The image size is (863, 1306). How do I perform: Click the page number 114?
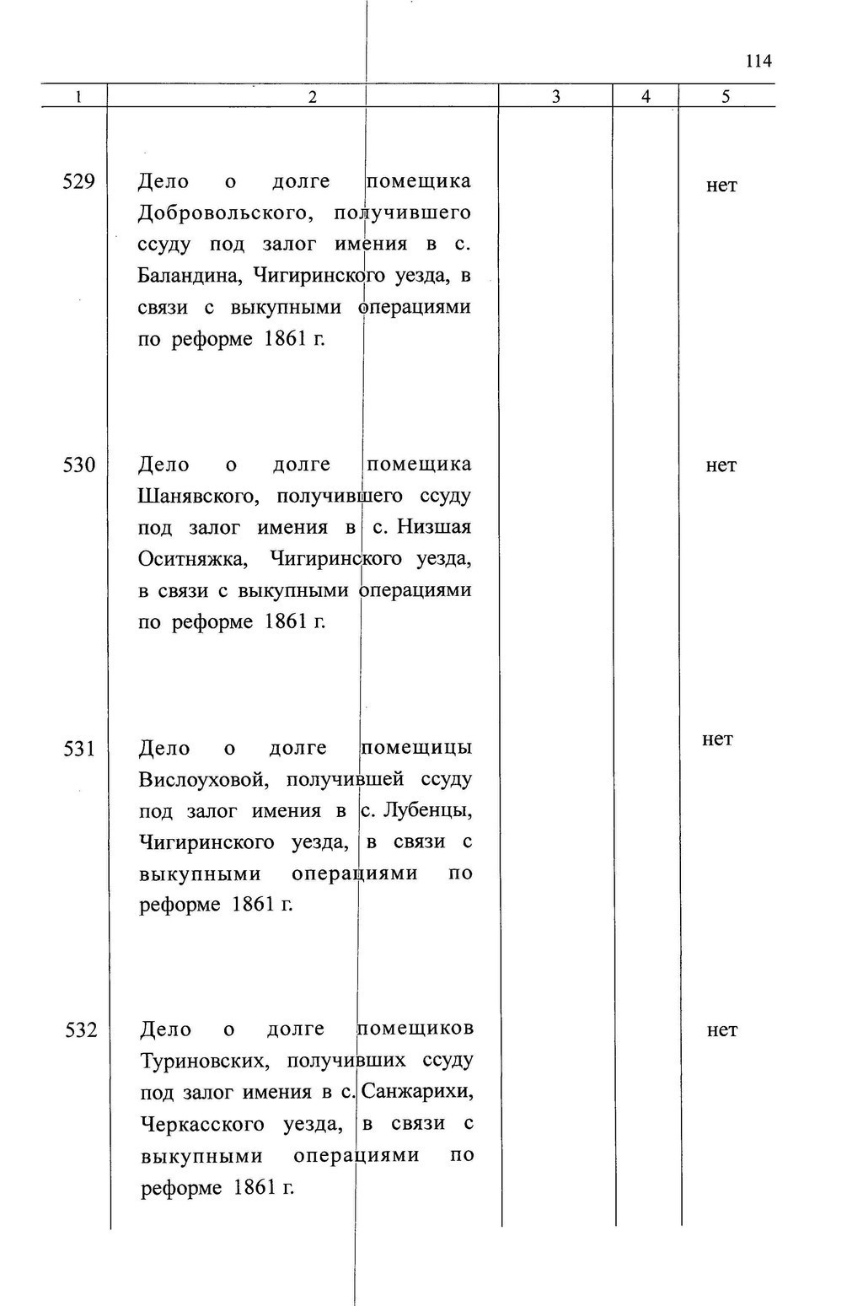pyautogui.click(x=758, y=61)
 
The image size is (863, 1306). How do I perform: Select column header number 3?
pyautogui.click(x=556, y=96)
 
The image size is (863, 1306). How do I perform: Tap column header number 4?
pyautogui.click(x=646, y=96)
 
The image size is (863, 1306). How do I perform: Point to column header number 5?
pyautogui.click(x=726, y=96)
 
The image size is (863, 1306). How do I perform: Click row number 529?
pyautogui.click(x=78, y=181)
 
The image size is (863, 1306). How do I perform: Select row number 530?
pyautogui.click(x=78, y=465)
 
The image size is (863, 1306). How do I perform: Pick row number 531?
pyautogui.click(x=78, y=748)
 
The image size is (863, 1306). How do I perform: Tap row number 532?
pyautogui.click(x=81, y=1029)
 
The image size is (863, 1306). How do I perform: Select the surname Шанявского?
pyautogui.click(x=201, y=497)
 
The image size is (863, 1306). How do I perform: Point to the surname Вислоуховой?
pyautogui.click(x=203, y=779)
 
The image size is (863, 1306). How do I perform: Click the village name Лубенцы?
pyautogui.click(x=426, y=811)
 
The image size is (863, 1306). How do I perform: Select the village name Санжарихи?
pyautogui.click(x=416, y=1093)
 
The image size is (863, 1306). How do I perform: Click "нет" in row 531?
pyautogui.click(x=717, y=739)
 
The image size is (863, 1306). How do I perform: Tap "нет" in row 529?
pyautogui.click(x=721, y=185)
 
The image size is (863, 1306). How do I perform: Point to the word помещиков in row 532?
pyautogui.click(x=415, y=1029)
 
